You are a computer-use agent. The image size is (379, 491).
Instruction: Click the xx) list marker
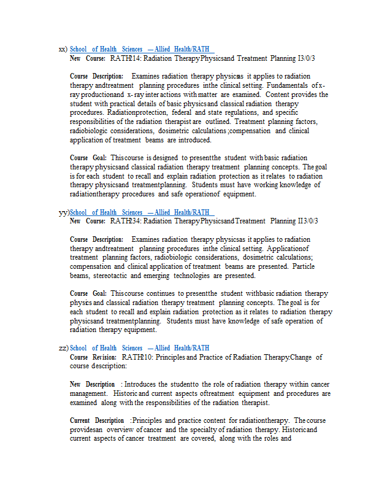pos(63,49)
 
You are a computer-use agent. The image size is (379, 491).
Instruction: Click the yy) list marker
pos(63,212)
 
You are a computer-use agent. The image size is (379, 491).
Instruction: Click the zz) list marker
pos(63,348)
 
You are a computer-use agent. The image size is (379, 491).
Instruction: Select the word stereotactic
pos(106,276)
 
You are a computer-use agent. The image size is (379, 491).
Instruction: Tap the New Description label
pos(92,384)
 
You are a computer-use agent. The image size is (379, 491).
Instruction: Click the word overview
pos(117,430)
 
